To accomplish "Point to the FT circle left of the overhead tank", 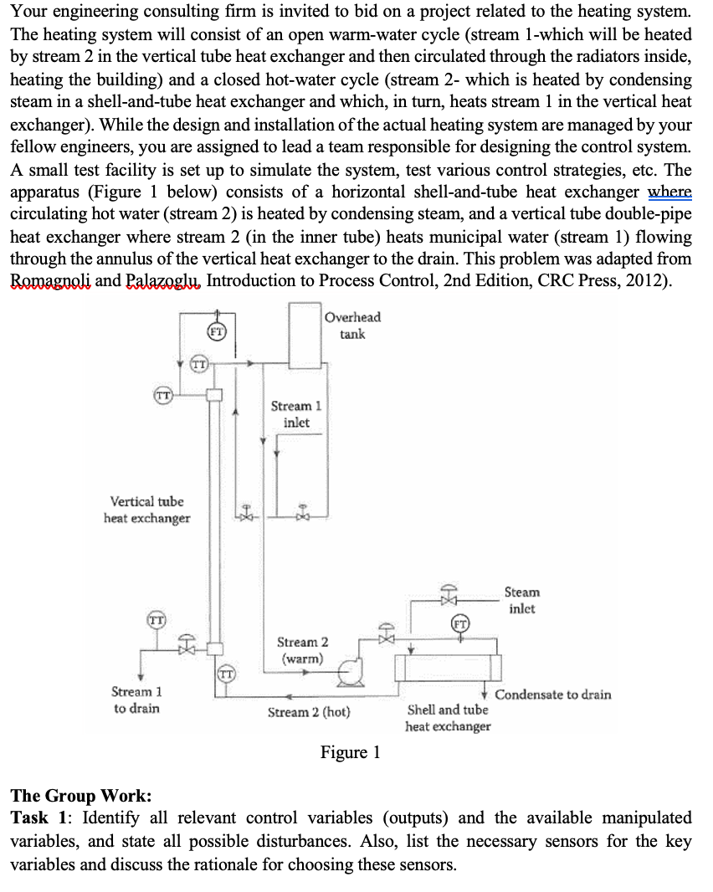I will pyautogui.click(x=215, y=331).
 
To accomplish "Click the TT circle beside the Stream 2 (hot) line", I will pyautogui.click(x=225, y=673).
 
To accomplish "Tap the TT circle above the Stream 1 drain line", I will pyautogui.click(x=155, y=620).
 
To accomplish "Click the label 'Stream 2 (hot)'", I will pyautogui.click(x=309, y=713).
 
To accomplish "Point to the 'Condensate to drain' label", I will pyautogui.click(x=552, y=695).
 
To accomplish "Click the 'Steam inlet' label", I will pyautogui.click(x=522, y=600).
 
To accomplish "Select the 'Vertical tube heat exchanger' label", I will pyautogui.click(x=146, y=510).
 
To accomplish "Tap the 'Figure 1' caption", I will pyautogui.click(x=350, y=752).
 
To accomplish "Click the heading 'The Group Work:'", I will pyautogui.click(x=81, y=795).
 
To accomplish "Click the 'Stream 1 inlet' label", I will pyautogui.click(x=290, y=414).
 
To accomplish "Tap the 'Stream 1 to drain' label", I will pyautogui.click(x=136, y=700).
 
